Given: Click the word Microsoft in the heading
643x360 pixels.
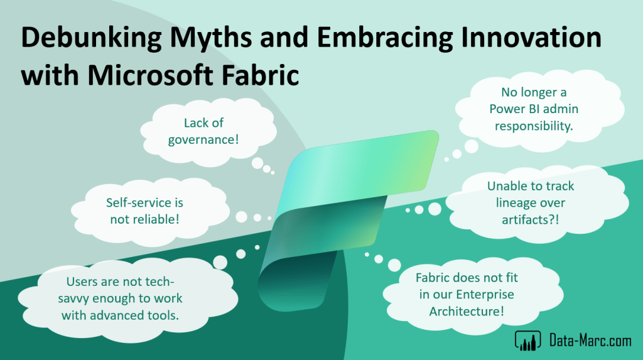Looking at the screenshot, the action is [151, 75].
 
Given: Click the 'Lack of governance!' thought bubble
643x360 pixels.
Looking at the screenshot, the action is [208, 131].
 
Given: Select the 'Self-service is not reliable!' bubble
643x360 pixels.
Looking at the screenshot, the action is [150, 211].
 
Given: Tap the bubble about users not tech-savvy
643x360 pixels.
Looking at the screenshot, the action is [127, 298].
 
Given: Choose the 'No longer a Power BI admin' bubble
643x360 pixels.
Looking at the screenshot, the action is [539, 109].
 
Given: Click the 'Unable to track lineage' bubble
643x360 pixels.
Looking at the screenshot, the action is [536, 203].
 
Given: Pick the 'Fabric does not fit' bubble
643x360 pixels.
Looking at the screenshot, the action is [473, 294].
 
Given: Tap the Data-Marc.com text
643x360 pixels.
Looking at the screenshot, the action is [590, 341].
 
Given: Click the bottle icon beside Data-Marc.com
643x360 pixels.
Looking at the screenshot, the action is [527, 341].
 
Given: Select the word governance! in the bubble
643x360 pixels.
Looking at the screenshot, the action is [203, 139].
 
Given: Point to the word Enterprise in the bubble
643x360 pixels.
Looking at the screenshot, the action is [485, 294].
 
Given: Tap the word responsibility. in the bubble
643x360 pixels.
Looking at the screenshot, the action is [534, 126].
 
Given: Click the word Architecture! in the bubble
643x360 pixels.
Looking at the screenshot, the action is [467, 311].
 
